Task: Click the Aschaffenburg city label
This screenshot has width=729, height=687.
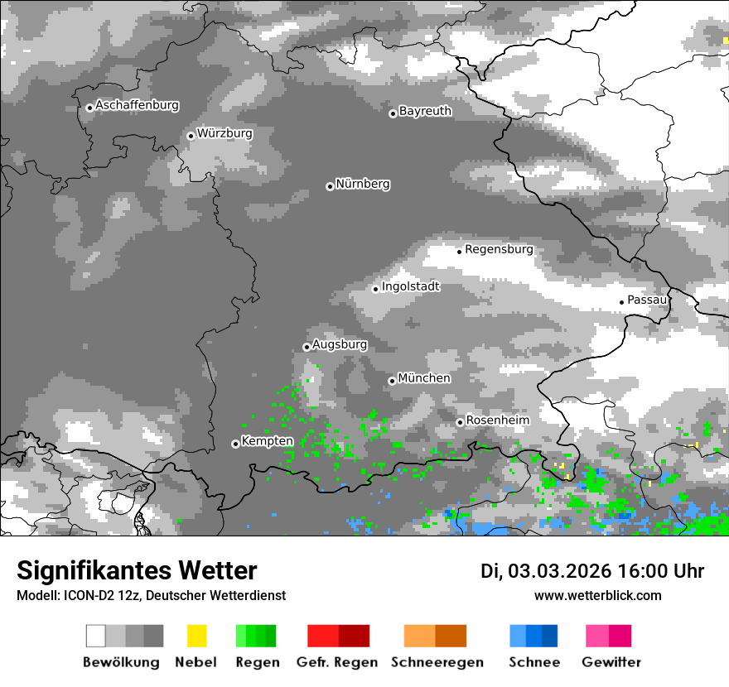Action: click(x=137, y=106)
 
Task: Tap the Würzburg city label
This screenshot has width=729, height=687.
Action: click(x=224, y=133)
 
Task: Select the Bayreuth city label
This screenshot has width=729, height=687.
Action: click(x=425, y=111)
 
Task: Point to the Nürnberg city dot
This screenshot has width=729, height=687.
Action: click(x=330, y=186)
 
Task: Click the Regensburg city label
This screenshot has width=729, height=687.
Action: click(x=499, y=249)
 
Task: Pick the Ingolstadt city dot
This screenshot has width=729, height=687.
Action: click(x=375, y=289)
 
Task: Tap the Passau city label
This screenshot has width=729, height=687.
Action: click(x=647, y=300)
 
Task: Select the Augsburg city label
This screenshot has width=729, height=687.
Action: click(x=340, y=344)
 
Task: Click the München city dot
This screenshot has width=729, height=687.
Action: click(x=392, y=381)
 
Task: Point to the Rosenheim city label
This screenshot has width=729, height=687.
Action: click(x=497, y=420)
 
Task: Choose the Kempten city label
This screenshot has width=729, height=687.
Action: click(x=267, y=441)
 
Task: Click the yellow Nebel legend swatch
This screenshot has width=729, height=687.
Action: click(x=196, y=636)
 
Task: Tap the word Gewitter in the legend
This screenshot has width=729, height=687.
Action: click(x=611, y=662)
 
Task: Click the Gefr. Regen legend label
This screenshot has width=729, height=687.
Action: click(x=337, y=662)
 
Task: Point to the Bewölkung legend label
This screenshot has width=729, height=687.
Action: click(x=121, y=662)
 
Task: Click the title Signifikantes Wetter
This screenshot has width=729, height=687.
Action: click(x=137, y=571)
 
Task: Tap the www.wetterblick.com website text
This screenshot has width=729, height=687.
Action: click(x=597, y=596)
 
